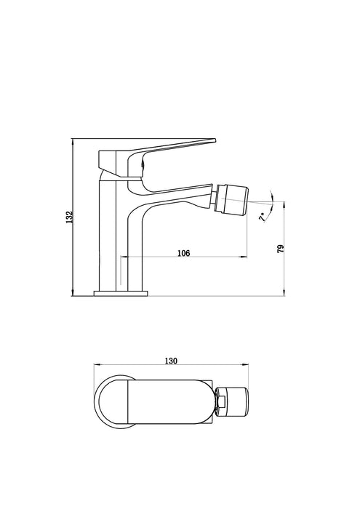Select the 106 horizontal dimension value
[183, 252]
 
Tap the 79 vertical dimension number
[280, 248]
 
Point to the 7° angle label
[263, 217]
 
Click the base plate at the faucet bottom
[121, 293]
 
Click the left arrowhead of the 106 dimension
[121, 257]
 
